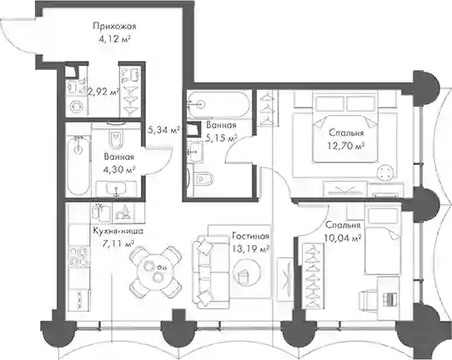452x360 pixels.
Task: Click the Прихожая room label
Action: point(114,27)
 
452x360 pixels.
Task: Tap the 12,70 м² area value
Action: point(346,146)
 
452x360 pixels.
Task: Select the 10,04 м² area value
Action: point(343,238)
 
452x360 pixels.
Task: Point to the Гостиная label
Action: point(251,236)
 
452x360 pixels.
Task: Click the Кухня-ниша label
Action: point(118,231)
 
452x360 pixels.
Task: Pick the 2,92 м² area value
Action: point(103,92)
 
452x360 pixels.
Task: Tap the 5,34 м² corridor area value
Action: point(163,130)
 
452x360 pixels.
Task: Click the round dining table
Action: point(156,272)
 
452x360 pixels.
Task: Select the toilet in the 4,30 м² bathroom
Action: point(116,139)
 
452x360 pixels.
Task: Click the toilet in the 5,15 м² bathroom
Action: point(203,179)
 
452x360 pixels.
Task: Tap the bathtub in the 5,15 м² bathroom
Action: point(218,104)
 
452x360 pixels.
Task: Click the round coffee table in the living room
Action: point(247,272)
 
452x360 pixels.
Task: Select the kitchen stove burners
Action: point(78,257)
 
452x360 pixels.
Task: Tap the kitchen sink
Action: point(101,212)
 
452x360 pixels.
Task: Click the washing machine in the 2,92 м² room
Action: point(78,107)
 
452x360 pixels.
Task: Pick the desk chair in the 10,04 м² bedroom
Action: point(368,300)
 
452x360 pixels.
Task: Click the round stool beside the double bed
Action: point(385,172)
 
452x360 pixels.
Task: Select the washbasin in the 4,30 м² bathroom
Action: point(116,189)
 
